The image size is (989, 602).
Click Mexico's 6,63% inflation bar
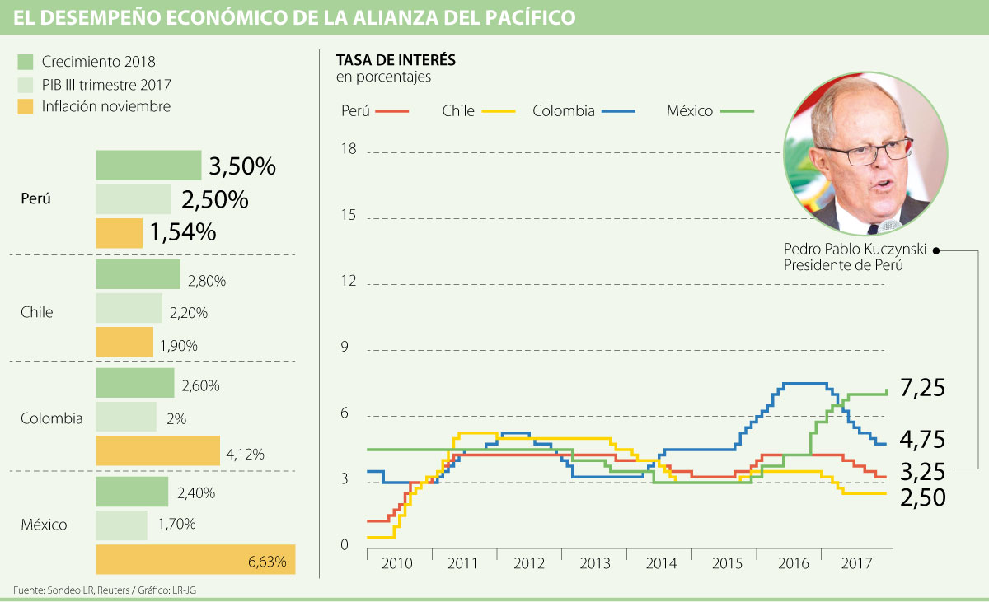coord(195,560)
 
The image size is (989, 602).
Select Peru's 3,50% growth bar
coord(148,165)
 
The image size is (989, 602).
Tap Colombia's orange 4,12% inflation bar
coord(157,450)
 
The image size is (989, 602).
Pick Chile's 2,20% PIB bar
coord(129,308)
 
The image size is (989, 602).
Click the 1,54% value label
coord(183,233)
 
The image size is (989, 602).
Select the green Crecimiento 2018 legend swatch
coord(25,62)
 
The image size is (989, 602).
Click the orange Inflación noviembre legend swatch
coord(25,106)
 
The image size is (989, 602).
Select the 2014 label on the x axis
coord(660,564)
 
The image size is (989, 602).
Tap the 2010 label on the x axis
coord(398,564)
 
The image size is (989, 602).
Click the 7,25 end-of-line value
coord(922,389)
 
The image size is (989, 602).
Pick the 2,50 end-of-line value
coord(922,497)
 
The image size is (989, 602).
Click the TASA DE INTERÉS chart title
coord(396,61)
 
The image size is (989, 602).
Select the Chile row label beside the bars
coord(36,312)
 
